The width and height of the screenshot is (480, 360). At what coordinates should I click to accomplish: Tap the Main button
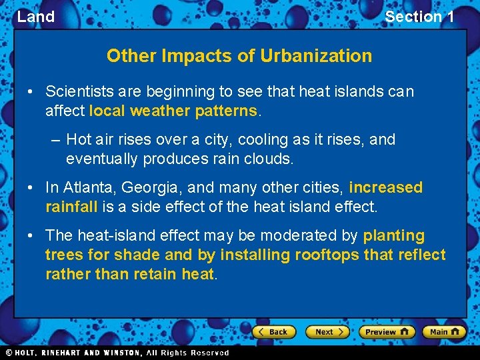tap(445, 331)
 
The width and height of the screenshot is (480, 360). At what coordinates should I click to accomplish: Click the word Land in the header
tap(36, 17)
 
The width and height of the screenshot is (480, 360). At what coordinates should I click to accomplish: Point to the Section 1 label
tap(419, 17)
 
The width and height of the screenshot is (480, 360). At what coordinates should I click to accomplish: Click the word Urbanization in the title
tap(317, 55)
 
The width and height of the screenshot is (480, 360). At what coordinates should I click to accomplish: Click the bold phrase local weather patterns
tap(173, 111)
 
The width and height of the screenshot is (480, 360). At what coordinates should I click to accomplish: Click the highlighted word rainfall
tap(71, 207)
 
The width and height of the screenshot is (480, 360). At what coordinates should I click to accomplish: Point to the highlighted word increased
tap(385, 187)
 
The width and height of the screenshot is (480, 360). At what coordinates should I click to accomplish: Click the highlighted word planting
tap(393, 235)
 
